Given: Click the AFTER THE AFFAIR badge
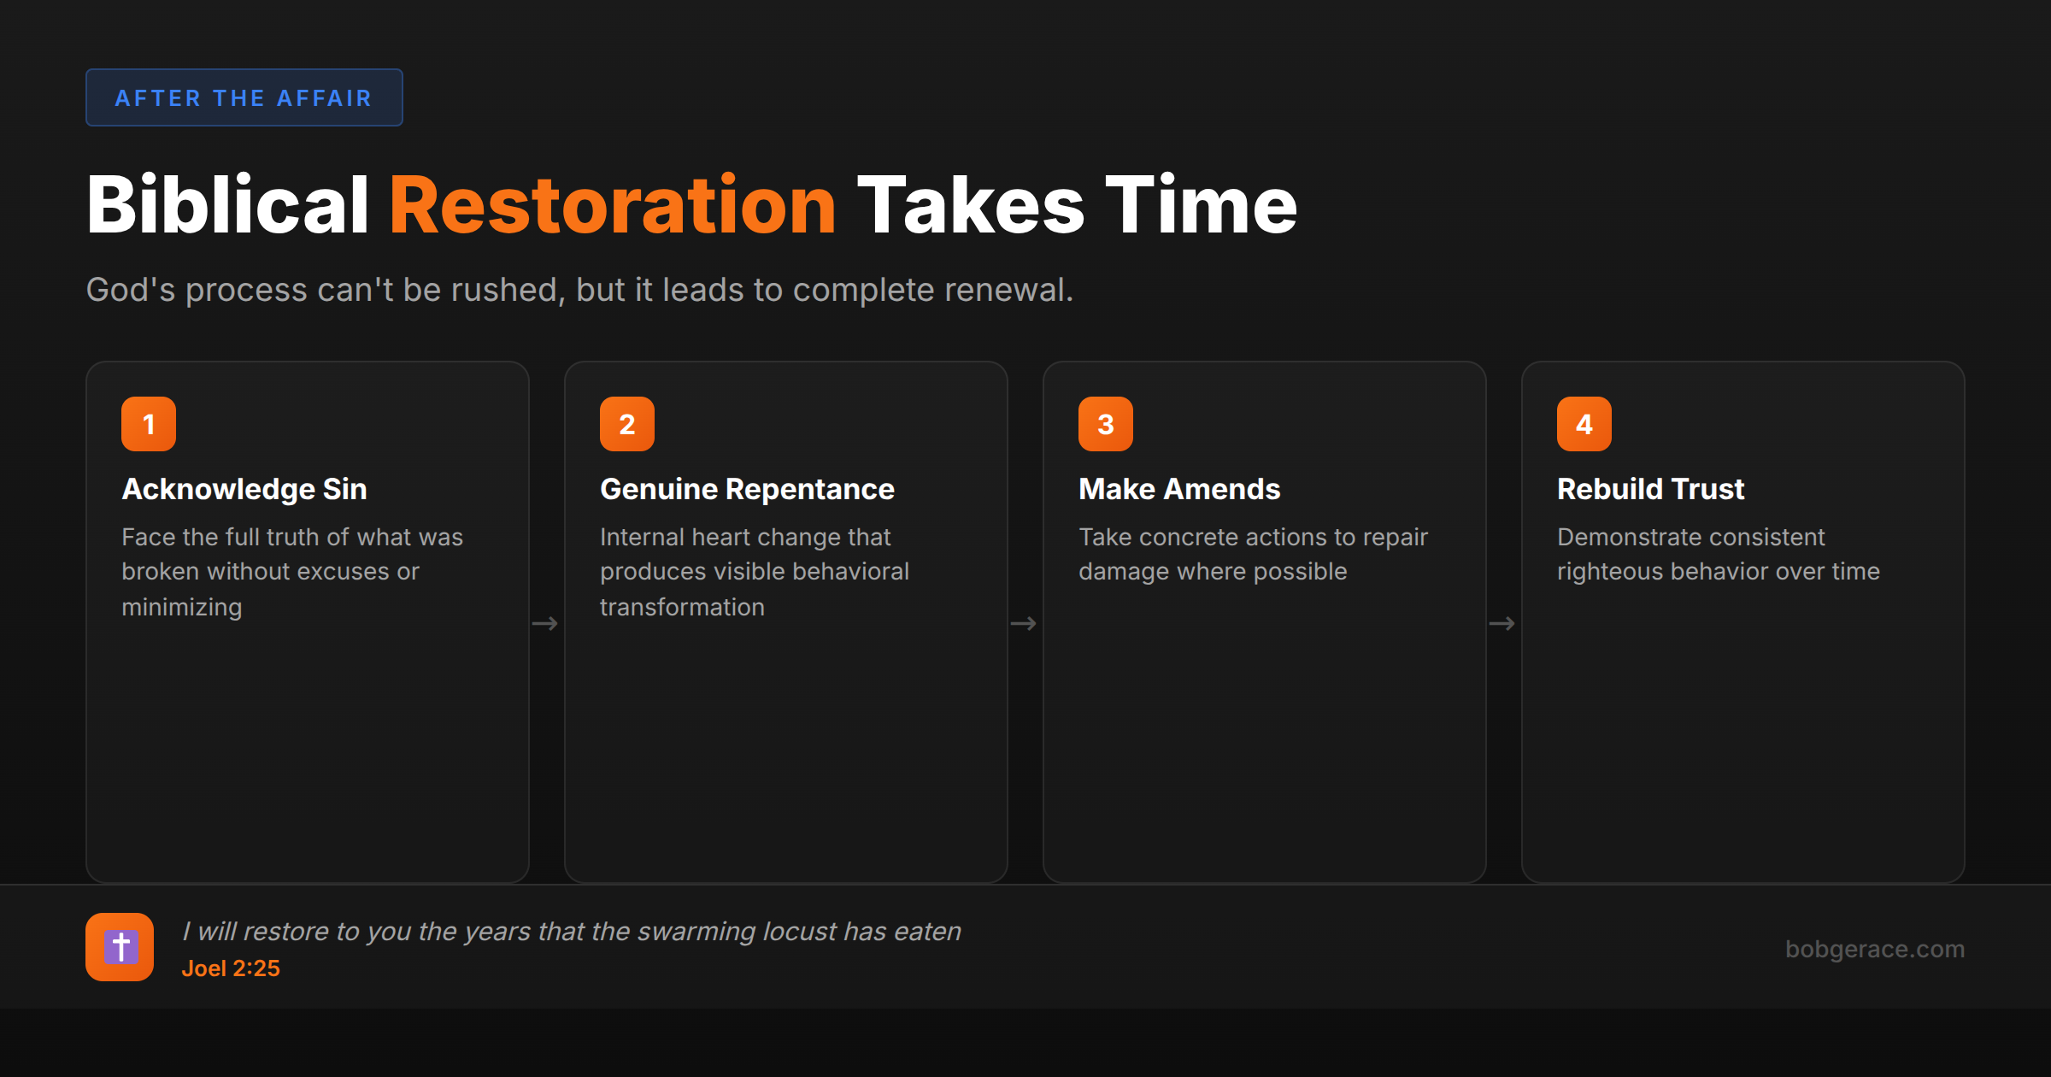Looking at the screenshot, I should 244,97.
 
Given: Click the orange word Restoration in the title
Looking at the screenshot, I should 612,205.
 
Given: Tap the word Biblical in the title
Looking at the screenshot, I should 227,205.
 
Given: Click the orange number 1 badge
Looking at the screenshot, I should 149,424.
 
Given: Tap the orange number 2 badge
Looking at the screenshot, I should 627,424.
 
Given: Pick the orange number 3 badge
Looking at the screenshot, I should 1106,424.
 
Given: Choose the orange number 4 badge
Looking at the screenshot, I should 1584,424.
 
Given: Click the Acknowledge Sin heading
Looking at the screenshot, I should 244,489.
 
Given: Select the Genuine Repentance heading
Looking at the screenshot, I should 747,489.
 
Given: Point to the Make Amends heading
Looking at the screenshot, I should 1179,489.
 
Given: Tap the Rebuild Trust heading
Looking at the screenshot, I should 1650,489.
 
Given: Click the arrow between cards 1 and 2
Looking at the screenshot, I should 545,624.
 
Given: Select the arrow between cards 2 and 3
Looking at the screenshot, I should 1024,624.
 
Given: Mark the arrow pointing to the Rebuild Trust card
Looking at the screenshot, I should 1502,624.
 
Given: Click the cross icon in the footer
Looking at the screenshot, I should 120,947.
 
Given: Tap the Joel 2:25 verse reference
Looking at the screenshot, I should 231,968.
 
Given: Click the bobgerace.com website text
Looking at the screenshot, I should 1874,949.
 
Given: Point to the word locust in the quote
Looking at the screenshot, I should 799,931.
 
